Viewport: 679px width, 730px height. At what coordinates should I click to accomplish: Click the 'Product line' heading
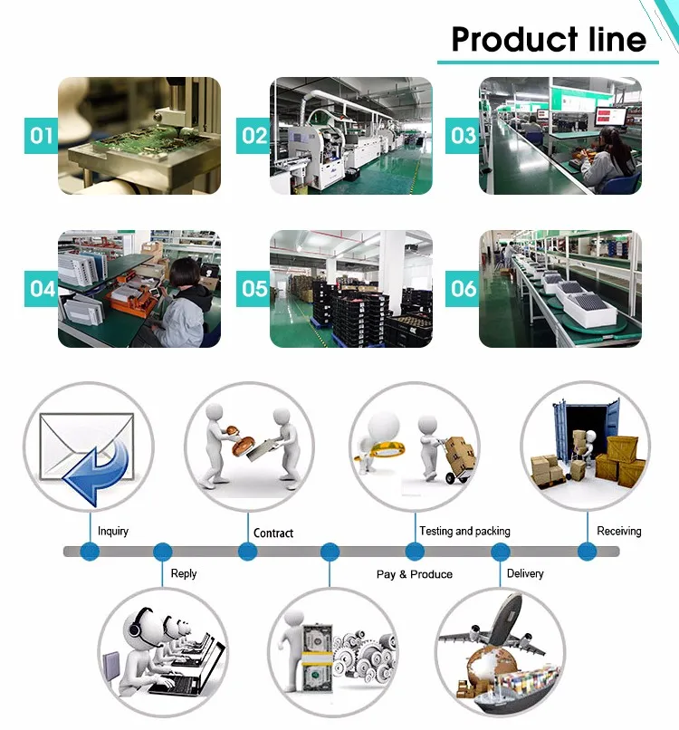click(x=549, y=40)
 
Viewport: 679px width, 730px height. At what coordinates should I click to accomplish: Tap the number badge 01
click(x=42, y=136)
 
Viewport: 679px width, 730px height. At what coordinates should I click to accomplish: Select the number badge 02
click(x=254, y=136)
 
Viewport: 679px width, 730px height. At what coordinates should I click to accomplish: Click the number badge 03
click(x=464, y=136)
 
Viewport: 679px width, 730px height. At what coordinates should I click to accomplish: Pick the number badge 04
click(x=42, y=289)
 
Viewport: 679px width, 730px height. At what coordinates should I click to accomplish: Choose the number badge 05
click(x=254, y=289)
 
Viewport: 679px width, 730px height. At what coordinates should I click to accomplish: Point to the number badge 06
click(x=464, y=289)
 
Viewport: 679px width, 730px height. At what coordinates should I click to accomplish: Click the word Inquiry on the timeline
click(x=113, y=532)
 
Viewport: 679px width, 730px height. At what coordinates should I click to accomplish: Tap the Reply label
click(x=184, y=573)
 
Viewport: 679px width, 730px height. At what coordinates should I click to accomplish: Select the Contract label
click(x=273, y=533)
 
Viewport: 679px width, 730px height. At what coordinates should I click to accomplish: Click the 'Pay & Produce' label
click(x=414, y=574)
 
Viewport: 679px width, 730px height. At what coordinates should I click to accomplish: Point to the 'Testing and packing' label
click(x=464, y=532)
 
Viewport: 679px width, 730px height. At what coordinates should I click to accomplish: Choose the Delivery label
click(x=525, y=573)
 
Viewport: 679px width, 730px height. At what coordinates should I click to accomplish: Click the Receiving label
click(x=619, y=532)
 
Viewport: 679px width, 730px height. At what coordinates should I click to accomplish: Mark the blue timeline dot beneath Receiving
click(x=586, y=551)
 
